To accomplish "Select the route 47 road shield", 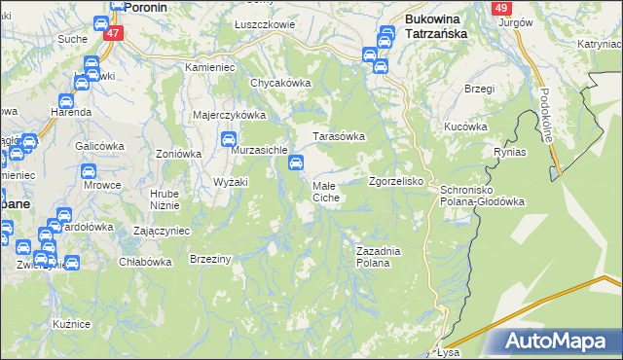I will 114,34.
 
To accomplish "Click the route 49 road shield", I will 502,8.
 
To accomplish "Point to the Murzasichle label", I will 259,151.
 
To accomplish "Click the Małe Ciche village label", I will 325,191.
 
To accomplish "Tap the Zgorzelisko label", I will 395,182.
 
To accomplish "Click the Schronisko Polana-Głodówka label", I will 483,196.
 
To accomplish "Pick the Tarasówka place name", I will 338,136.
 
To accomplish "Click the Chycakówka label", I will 280,84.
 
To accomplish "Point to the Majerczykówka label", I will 230,115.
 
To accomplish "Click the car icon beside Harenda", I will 65,100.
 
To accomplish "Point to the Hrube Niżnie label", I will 164,199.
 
